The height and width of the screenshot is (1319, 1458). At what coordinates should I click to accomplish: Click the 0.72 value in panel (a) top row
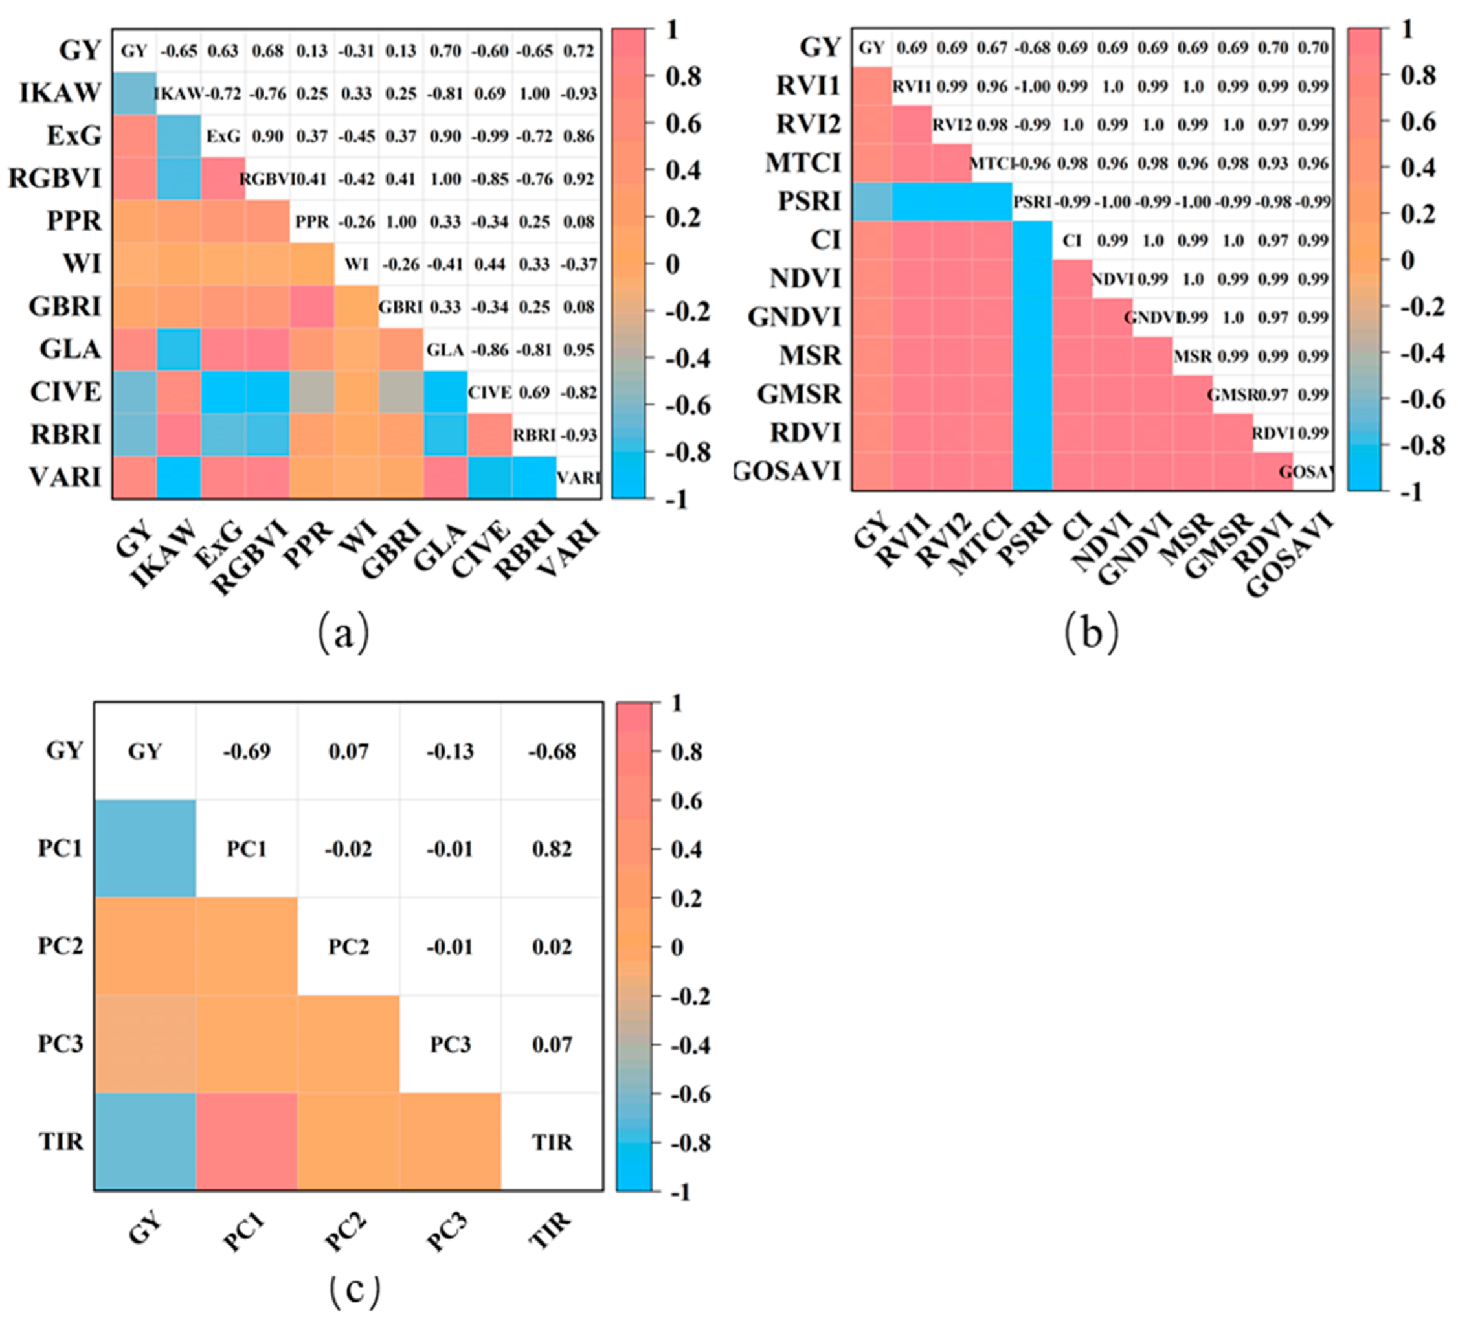pyautogui.click(x=579, y=51)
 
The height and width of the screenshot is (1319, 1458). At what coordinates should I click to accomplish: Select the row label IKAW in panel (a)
pyautogui.click(x=60, y=93)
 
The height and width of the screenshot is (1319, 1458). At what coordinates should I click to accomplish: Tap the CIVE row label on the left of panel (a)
pyautogui.click(x=65, y=392)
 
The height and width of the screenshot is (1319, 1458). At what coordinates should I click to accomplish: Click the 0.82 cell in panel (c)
pyautogui.click(x=552, y=849)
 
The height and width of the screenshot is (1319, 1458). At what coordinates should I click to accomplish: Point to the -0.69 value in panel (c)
pyautogui.click(x=247, y=751)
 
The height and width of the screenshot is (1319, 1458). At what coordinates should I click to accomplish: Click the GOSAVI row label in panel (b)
pyautogui.click(x=789, y=471)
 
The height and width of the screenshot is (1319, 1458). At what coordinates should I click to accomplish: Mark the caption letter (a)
pyautogui.click(x=344, y=632)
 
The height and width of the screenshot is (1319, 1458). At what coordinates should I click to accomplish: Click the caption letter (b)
pyautogui.click(x=1092, y=632)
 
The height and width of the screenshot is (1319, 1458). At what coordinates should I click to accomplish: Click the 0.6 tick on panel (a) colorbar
pyautogui.click(x=683, y=124)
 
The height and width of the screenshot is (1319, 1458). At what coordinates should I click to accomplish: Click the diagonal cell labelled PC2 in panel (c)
pyautogui.click(x=348, y=947)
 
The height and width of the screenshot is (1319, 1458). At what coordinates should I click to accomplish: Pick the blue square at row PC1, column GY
pyautogui.click(x=144, y=848)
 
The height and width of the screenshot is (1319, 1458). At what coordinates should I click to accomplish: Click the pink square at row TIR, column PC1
pyautogui.click(x=247, y=1141)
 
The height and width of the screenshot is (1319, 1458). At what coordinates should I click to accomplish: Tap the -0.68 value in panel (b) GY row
pyautogui.click(x=1032, y=48)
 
